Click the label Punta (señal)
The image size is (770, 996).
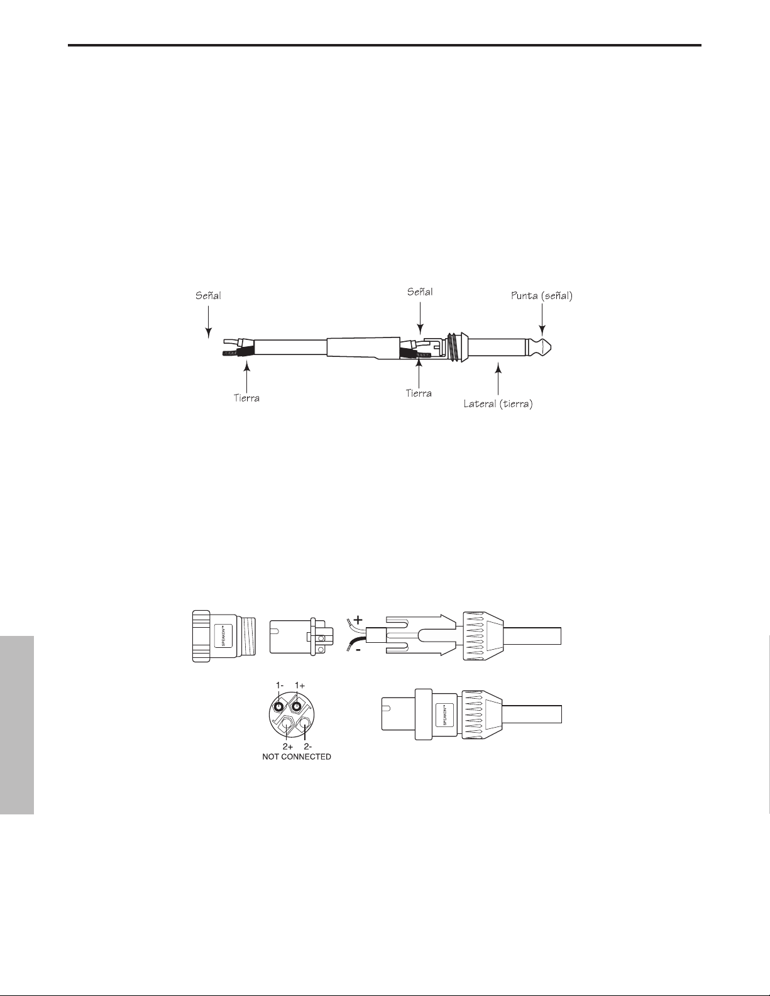(542, 295)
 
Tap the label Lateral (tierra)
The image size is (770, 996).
(498, 404)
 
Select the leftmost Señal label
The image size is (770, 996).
(209, 295)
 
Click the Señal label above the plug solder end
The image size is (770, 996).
(420, 292)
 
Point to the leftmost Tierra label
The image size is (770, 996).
(246, 398)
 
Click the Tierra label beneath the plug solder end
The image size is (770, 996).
(419, 393)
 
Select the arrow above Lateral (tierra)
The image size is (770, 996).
(498, 378)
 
